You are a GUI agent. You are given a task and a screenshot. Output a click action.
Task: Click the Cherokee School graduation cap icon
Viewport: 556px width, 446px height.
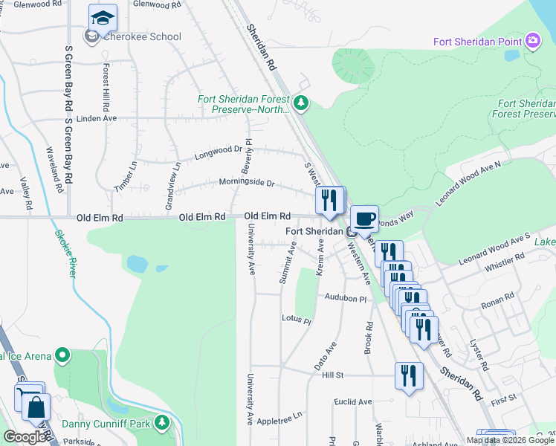coord(103,17)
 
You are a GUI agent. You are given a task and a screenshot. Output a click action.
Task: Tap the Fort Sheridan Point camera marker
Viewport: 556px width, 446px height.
coord(532,40)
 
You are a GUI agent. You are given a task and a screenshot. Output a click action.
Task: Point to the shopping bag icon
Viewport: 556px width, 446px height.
coord(36,408)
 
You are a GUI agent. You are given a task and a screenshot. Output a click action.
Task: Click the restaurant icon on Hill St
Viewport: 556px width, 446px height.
coord(409,375)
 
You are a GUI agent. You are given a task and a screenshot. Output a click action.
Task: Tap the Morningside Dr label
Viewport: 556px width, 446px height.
coord(247,183)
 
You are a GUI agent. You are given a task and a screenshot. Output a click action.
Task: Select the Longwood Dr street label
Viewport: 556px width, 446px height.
coord(219,152)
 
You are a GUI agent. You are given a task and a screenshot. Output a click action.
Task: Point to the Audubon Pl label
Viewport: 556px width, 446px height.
coord(346,297)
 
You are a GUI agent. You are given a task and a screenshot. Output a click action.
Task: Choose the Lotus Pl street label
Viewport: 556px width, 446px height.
coord(296,320)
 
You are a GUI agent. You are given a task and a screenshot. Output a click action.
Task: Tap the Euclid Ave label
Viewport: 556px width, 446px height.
coord(353,402)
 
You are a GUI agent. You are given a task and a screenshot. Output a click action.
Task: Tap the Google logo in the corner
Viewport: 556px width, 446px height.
coord(25,437)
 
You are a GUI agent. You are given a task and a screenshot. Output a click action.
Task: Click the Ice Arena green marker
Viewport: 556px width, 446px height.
coord(62,356)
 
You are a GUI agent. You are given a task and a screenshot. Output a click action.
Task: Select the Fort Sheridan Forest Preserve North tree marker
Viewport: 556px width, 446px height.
coord(301,103)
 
